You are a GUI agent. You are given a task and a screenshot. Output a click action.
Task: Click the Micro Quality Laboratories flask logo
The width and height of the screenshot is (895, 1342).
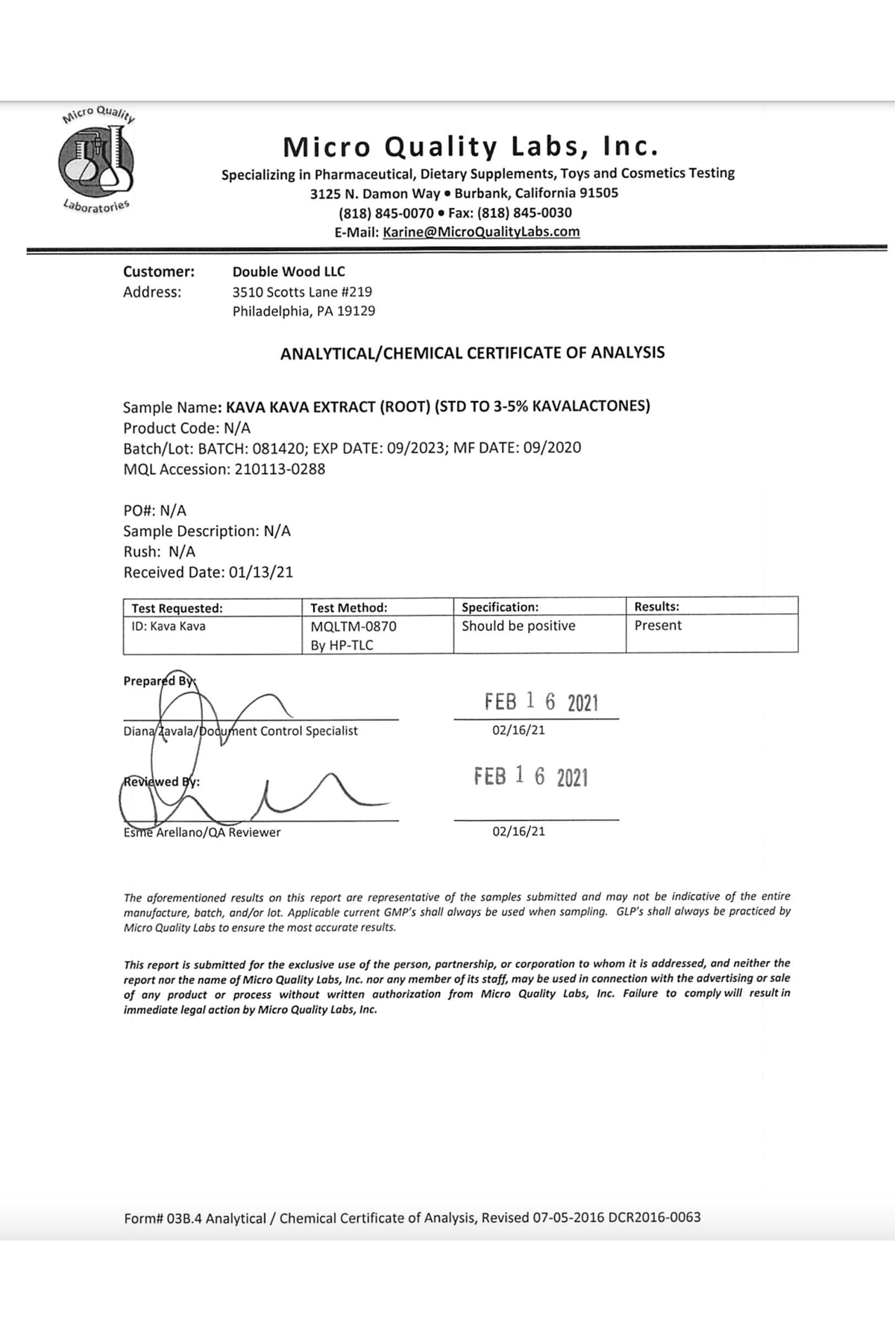coord(97,160)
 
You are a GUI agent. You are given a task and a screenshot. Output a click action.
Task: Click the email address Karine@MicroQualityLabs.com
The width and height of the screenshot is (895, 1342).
coord(481,232)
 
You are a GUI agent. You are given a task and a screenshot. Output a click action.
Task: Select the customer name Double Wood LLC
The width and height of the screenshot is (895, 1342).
coord(289,271)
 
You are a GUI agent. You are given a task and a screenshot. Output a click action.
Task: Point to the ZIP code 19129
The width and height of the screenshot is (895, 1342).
coord(356,311)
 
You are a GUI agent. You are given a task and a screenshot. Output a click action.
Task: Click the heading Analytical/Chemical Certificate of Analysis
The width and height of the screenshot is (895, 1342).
coord(472,353)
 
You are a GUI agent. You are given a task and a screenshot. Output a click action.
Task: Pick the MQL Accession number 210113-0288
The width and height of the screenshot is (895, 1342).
coord(280,469)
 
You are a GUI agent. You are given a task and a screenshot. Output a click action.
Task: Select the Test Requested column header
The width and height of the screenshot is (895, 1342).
coord(177,608)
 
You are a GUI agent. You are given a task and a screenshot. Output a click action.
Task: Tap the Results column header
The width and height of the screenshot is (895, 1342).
coord(656,607)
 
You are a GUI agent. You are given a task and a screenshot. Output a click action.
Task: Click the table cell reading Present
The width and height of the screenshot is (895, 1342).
coord(658,626)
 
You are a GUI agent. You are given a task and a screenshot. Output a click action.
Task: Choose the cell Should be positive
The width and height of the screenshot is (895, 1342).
coord(518,626)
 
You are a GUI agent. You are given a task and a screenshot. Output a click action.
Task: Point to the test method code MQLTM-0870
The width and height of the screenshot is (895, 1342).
coord(354,627)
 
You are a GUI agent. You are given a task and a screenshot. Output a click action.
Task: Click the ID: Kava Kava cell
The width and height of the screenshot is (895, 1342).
coord(169,626)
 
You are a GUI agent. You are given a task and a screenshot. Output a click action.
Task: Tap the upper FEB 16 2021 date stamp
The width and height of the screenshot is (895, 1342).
coord(541,702)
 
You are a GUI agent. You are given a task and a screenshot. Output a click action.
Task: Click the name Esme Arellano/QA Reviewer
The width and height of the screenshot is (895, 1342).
coord(202,832)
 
